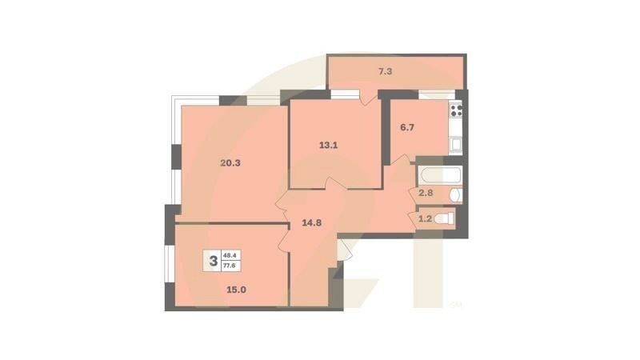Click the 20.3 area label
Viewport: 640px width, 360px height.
pos(230,163)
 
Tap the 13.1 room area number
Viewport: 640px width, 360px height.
pos(329,146)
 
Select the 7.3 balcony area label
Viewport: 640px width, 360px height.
pos(385,72)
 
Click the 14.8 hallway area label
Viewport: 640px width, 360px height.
pos(311,223)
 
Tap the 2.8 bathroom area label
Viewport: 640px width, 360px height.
pos(426,193)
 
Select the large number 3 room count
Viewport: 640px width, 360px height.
pos(213,260)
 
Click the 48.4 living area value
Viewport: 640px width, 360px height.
pos(230,255)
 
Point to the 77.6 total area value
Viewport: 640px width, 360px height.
pos(230,266)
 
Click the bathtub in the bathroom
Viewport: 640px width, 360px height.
pos(438,174)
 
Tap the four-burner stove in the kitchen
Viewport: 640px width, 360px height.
pos(457,110)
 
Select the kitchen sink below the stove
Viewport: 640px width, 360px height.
pos(456,145)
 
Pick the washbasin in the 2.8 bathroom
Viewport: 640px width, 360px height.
pos(454,194)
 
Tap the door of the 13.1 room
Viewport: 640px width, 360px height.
pos(336,185)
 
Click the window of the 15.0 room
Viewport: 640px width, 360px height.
pos(169,264)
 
